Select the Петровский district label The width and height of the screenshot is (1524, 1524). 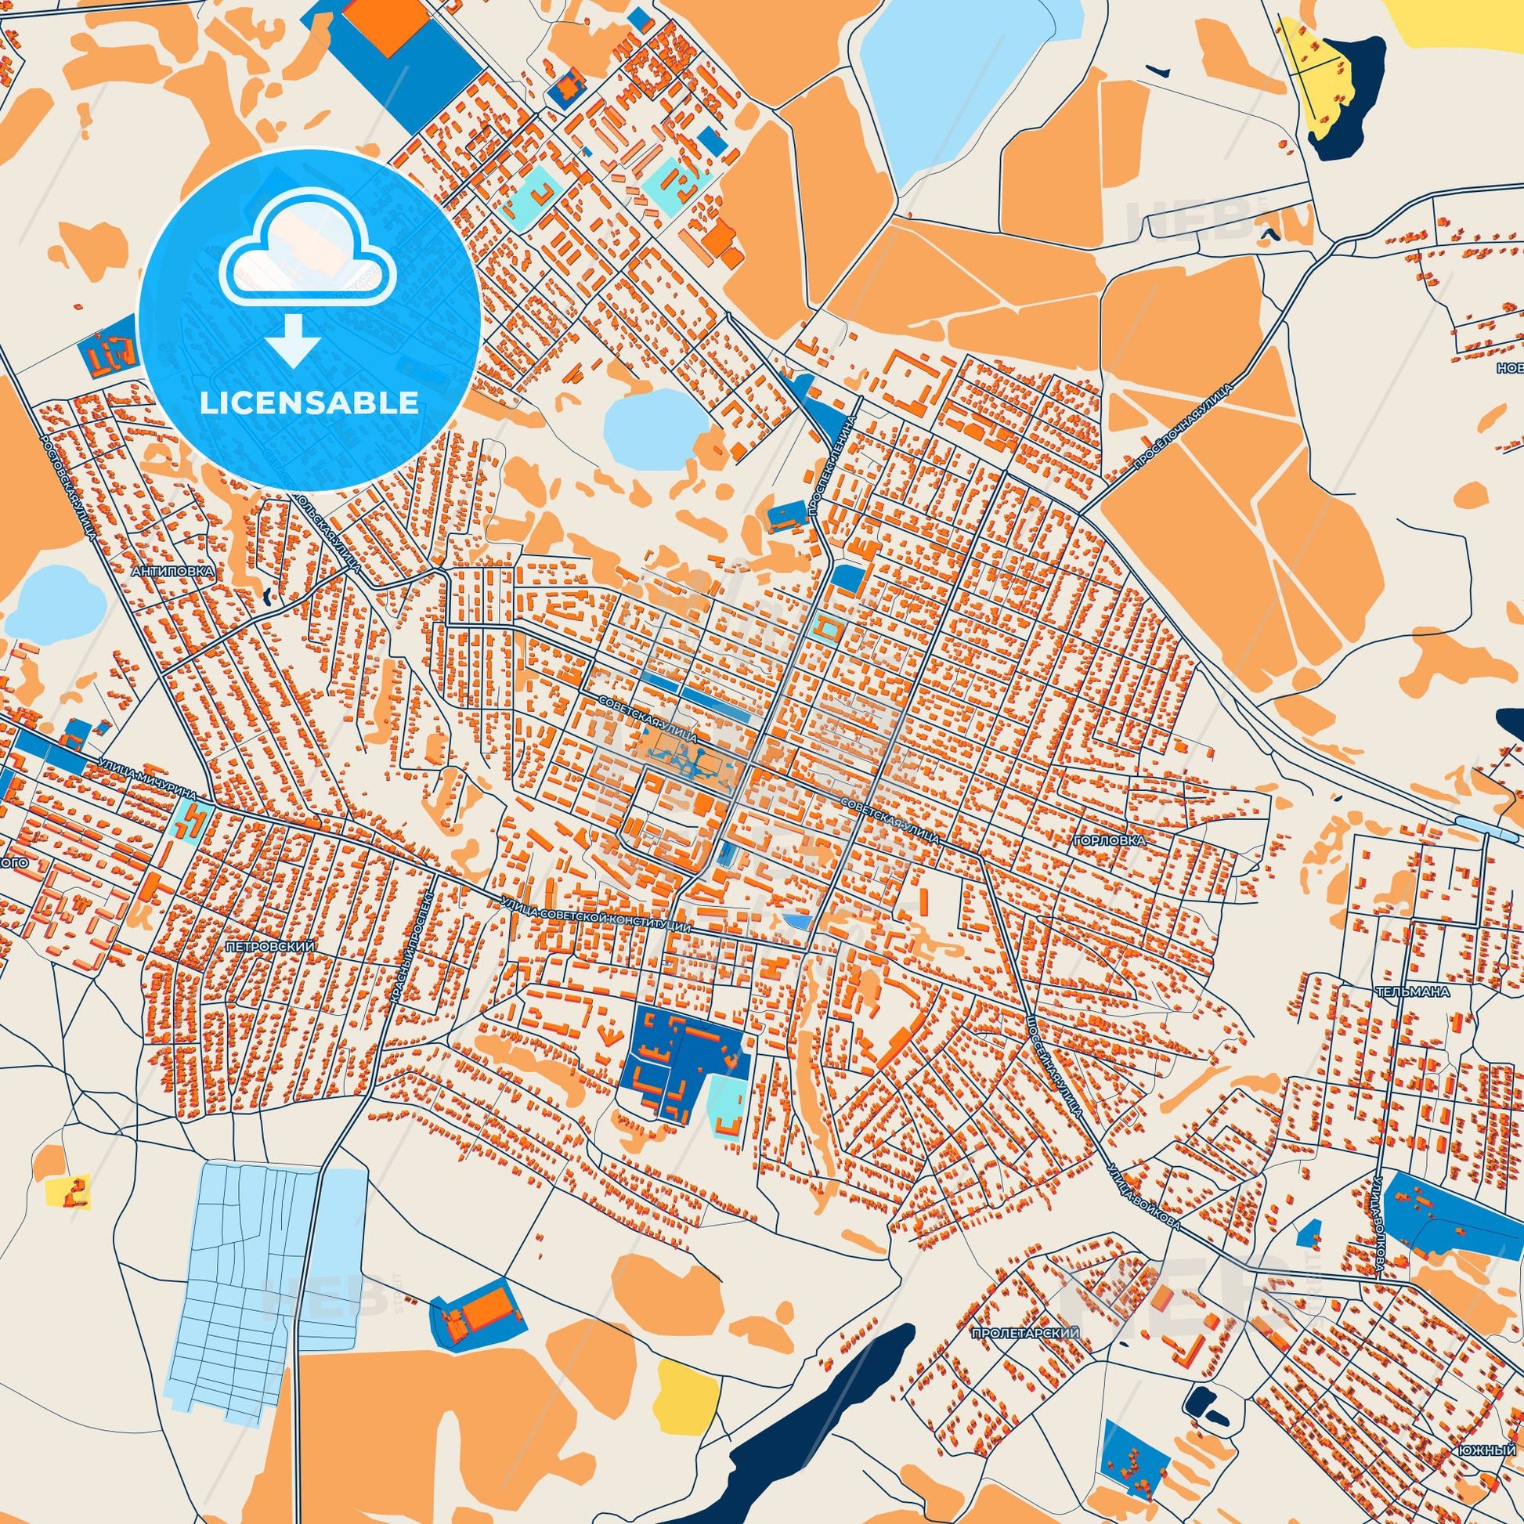click(269, 945)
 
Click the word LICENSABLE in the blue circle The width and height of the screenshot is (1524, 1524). click(309, 403)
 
